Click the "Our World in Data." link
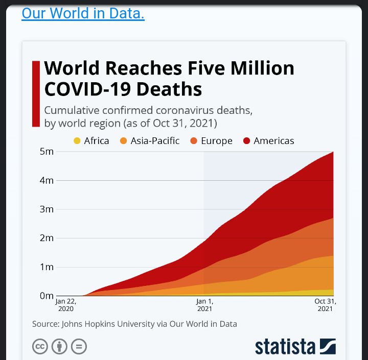coord(83,13)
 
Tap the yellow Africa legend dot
coord(77,141)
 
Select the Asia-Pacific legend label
coord(155,141)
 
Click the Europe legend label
coord(217,141)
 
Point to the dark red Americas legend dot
coord(247,141)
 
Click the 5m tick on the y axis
coord(47,152)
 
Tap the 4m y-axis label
coord(47,180)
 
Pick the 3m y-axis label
coord(47,209)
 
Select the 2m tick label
coord(47,238)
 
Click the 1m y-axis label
coord(47,267)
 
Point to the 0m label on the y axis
coord(47,296)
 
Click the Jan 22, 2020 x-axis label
coord(66,305)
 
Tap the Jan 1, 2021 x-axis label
coord(204,305)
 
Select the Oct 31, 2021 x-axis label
coord(325,305)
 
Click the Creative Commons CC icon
coord(40,347)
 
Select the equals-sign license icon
coord(79,347)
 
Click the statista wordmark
coord(285,347)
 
